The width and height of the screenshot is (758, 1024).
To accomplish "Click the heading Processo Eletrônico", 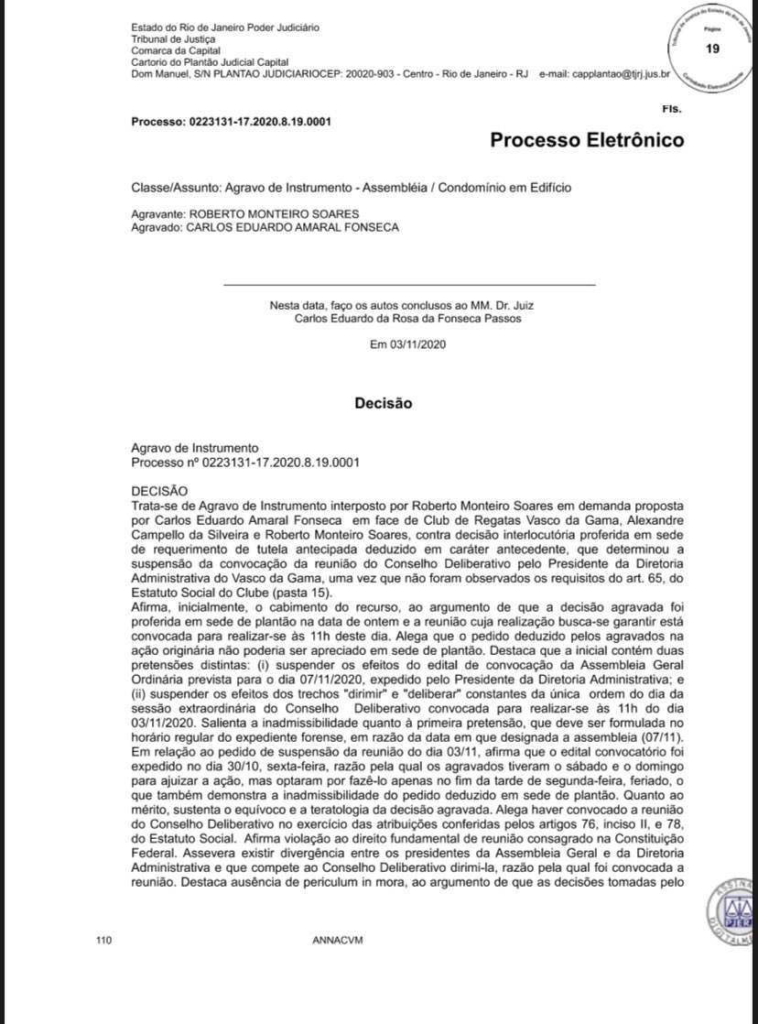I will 587,140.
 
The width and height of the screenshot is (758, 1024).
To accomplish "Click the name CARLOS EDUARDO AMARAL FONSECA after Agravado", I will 293,227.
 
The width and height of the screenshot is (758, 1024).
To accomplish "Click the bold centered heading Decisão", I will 384,402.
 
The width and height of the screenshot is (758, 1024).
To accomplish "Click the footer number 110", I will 103,941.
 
